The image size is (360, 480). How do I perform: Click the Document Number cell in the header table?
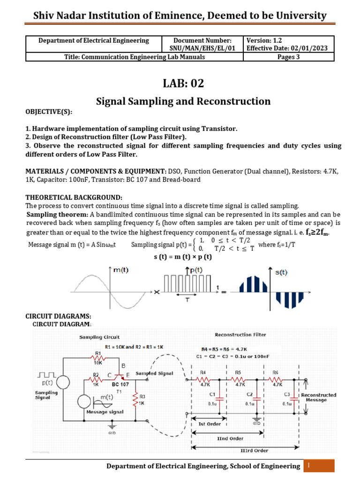tap(202, 44)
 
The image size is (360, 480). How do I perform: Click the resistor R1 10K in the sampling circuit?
tap(98, 358)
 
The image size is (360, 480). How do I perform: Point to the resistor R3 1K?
tap(136, 399)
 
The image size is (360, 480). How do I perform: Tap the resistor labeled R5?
tap(239, 379)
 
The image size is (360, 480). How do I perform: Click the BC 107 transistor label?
tap(120, 383)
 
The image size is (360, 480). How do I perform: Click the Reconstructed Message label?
tap(321, 397)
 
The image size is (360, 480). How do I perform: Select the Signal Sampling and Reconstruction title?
tap(183, 101)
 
